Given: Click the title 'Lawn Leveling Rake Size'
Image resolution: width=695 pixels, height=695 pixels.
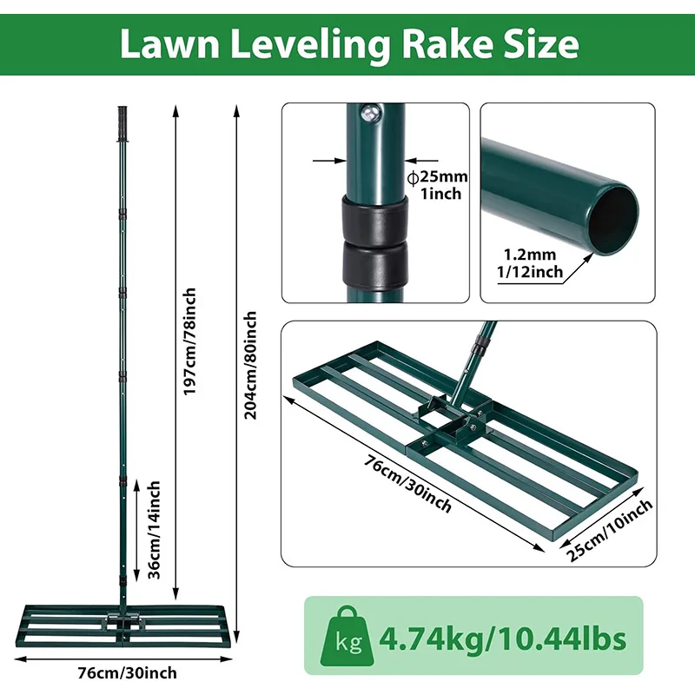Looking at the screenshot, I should tap(348, 43).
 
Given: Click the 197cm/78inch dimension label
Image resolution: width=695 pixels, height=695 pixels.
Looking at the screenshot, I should tap(190, 341).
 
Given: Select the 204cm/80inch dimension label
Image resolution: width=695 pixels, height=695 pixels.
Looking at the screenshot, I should tap(250, 365).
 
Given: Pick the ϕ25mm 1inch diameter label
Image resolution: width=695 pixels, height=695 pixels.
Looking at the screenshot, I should tap(438, 185).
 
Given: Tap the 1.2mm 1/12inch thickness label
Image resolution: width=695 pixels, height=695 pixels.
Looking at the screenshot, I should tap(532, 263).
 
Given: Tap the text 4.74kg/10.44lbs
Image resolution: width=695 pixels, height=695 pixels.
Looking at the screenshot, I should tap(502, 640).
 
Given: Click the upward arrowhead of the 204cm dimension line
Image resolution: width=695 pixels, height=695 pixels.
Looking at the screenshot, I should tap(236, 109).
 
